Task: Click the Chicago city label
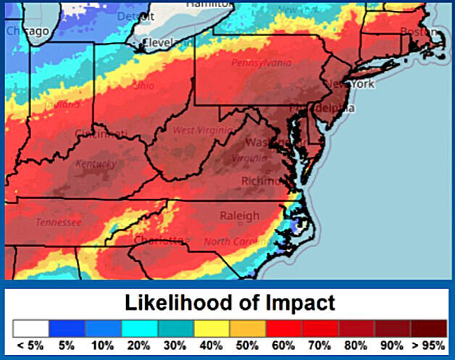[28, 31]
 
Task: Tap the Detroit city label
[136, 16]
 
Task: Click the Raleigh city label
[239, 216]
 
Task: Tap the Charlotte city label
[159, 240]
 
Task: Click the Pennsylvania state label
[262, 63]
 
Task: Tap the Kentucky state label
[96, 164]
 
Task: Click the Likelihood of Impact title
[230, 303]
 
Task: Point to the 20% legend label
[138, 346]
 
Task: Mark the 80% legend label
[356, 346]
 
